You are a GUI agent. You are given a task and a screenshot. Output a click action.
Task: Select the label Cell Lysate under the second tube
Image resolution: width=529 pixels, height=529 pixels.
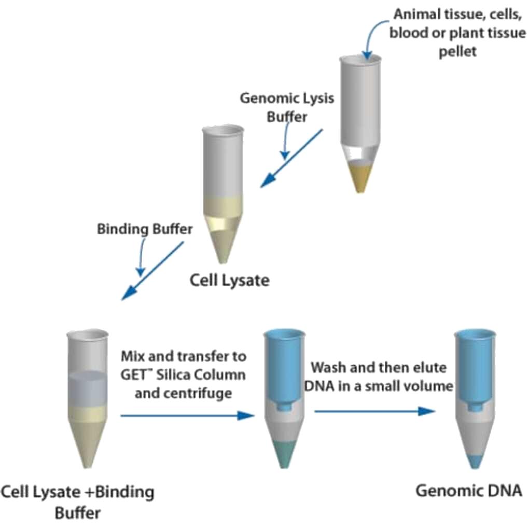click(230, 281)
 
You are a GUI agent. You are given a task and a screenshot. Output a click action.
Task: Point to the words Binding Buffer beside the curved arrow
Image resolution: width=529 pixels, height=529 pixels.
click(145, 229)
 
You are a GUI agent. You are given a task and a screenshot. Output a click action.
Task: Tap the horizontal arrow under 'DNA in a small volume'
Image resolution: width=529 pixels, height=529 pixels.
click(373, 411)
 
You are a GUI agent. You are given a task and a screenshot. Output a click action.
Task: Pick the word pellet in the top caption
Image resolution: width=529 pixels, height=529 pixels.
click(457, 52)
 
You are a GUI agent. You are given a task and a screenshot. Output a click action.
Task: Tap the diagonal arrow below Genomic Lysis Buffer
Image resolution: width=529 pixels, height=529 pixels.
click(291, 158)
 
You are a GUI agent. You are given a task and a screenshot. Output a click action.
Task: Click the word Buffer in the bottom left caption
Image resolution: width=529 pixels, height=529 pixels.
click(77, 513)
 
